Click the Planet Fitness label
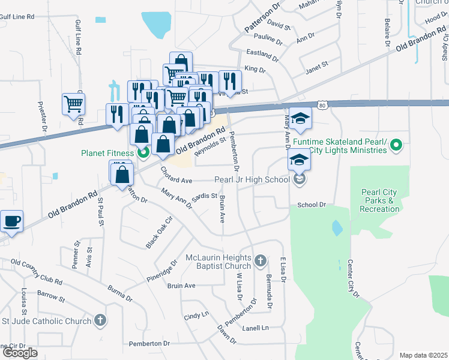(107, 152)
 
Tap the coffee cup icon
(11, 221)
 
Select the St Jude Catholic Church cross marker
(100, 321)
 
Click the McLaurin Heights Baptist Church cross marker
(260, 260)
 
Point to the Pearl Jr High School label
(252, 180)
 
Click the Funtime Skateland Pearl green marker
(396, 145)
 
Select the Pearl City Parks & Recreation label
(379, 201)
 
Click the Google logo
(20, 353)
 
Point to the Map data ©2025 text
(423, 355)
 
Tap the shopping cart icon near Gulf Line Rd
(73, 103)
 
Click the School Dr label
(312, 205)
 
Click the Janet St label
(318, 64)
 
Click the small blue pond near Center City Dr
(337, 227)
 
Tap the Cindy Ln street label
(196, 315)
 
